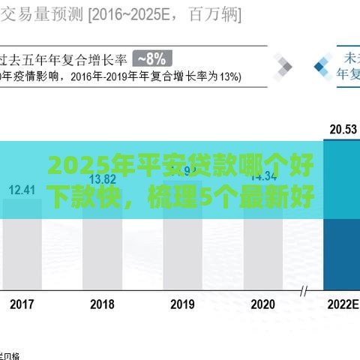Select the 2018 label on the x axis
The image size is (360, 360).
point(102,305)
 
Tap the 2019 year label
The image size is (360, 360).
point(182,305)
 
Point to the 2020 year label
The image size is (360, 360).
point(262,305)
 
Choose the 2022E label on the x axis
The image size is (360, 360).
point(342,305)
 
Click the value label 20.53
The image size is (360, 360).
point(343,129)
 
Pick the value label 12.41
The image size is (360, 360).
point(22,189)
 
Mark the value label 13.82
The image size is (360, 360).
point(102,179)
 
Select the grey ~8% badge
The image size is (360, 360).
point(153,58)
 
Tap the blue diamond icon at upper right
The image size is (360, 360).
point(323,66)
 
